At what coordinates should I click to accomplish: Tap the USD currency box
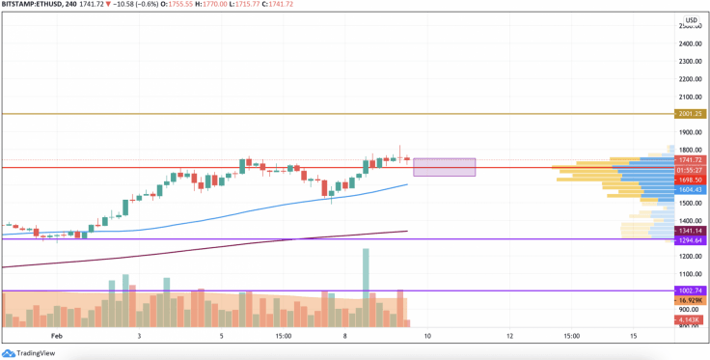coord(691,20)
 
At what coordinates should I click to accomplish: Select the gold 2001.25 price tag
coord(691,114)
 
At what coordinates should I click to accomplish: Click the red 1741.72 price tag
coord(691,160)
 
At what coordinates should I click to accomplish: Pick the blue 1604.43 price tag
coord(691,190)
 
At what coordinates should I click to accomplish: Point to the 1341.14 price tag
coord(691,231)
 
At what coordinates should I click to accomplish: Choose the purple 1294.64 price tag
coord(691,240)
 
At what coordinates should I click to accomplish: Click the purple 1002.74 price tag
coord(691,291)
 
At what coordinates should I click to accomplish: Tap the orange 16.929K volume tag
coord(691,301)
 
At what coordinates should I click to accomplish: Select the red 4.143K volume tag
coord(691,319)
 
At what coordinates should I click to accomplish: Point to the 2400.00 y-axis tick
coord(690,44)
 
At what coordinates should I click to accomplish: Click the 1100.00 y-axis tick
coord(690,274)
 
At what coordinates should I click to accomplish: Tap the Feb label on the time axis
coord(55,336)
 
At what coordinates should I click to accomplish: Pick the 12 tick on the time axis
coord(509,336)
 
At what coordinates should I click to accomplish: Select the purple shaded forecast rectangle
coord(445,167)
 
